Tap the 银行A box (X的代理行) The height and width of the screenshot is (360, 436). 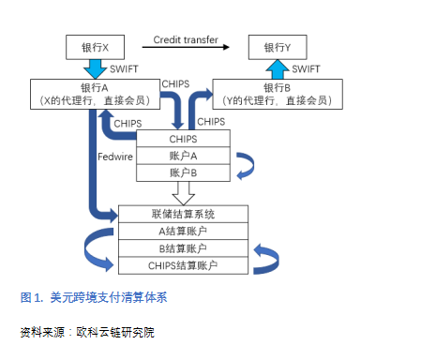90,92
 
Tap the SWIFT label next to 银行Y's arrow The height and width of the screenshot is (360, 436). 307,69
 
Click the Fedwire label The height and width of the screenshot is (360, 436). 114,157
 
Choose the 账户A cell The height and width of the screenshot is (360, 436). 184,156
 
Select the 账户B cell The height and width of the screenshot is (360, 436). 184,172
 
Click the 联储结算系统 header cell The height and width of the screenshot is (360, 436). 184,215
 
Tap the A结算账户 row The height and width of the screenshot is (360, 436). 184,232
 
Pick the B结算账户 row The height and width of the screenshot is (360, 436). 184,248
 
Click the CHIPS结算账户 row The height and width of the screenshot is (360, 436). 184,265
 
